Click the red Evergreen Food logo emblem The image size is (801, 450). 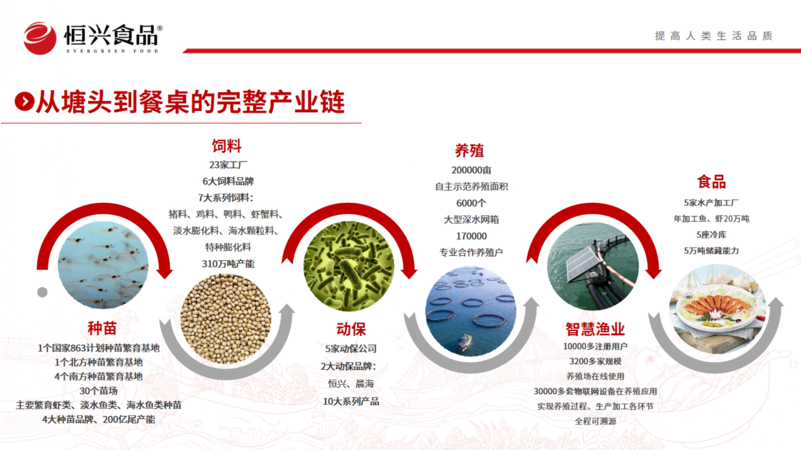(x=40, y=38)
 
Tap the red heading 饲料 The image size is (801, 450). (x=227, y=146)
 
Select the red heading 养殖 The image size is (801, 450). (x=469, y=151)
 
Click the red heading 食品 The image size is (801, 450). (x=711, y=182)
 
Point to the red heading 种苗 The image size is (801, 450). (x=102, y=328)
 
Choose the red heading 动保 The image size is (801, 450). (x=351, y=329)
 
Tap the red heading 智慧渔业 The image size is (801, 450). (x=595, y=329)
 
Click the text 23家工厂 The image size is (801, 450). (x=228, y=165)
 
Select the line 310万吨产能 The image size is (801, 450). (x=228, y=264)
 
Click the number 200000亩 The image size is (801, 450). (x=471, y=170)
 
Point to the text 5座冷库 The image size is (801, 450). (x=711, y=234)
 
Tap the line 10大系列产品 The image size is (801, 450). (x=351, y=401)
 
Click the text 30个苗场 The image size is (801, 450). (x=99, y=390)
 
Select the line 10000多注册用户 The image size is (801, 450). (x=595, y=346)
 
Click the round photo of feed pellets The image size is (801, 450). (x=226, y=319)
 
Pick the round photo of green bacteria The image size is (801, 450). (x=349, y=266)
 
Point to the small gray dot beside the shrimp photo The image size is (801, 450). (x=42, y=292)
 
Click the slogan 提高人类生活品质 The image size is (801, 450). (x=714, y=36)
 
